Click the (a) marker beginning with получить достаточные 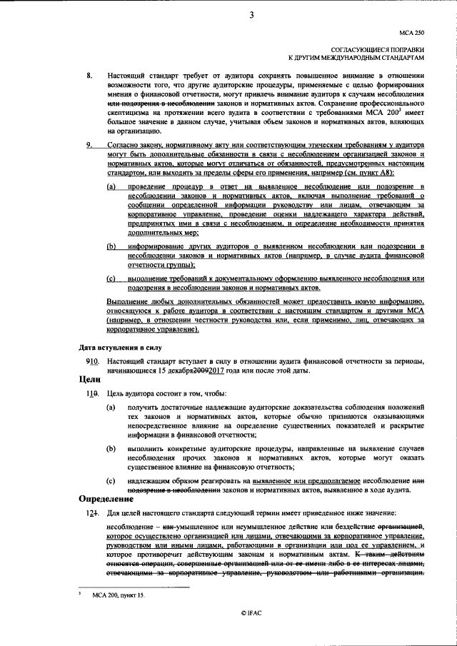(x=111, y=407)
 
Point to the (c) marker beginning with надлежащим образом (x=111, y=482)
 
